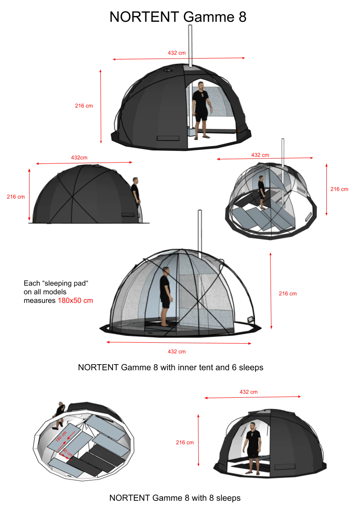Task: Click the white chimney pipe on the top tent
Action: [x=190, y=45]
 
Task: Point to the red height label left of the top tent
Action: [x=84, y=106]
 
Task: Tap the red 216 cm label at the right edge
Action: [x=340, y=189]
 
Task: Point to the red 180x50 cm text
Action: [x=75, y=301]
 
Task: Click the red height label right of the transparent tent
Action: [x=287, y=294]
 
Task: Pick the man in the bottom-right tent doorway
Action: [x=252, y=447]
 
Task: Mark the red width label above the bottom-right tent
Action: [x=248, y=391]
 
